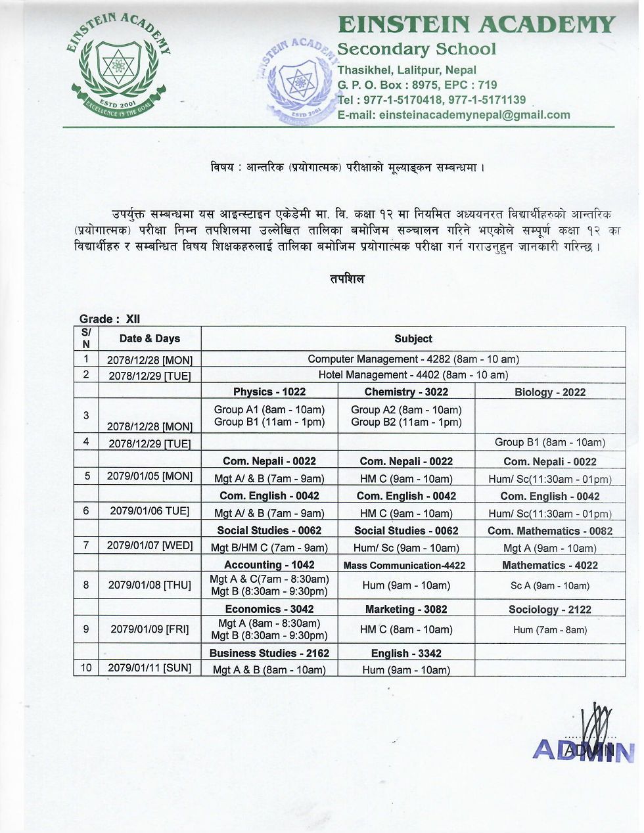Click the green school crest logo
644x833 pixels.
[119, 67]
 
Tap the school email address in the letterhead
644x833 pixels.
[453, 115]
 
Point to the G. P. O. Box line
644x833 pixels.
[417, 85]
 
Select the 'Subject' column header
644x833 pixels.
[413, 339]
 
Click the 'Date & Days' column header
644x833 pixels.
[149, 339]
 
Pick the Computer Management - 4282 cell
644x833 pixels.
[413, 359]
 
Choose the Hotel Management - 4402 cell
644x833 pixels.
[413, 375]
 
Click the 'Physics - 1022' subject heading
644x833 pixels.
[269, 392]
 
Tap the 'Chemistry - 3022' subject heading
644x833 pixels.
[406, 392]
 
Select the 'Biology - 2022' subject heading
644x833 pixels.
[549, 392]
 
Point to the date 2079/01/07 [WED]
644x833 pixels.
[149, 545]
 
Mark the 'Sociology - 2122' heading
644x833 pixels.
[549, 610]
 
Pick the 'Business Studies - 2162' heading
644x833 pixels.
[269, 653]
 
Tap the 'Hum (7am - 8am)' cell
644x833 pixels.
[549, 630]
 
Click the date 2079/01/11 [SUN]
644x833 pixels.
[149, 668]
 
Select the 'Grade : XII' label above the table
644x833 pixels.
[110, 319]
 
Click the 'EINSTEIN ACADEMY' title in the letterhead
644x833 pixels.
[476, 25]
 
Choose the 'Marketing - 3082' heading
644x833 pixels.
[406, 610]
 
